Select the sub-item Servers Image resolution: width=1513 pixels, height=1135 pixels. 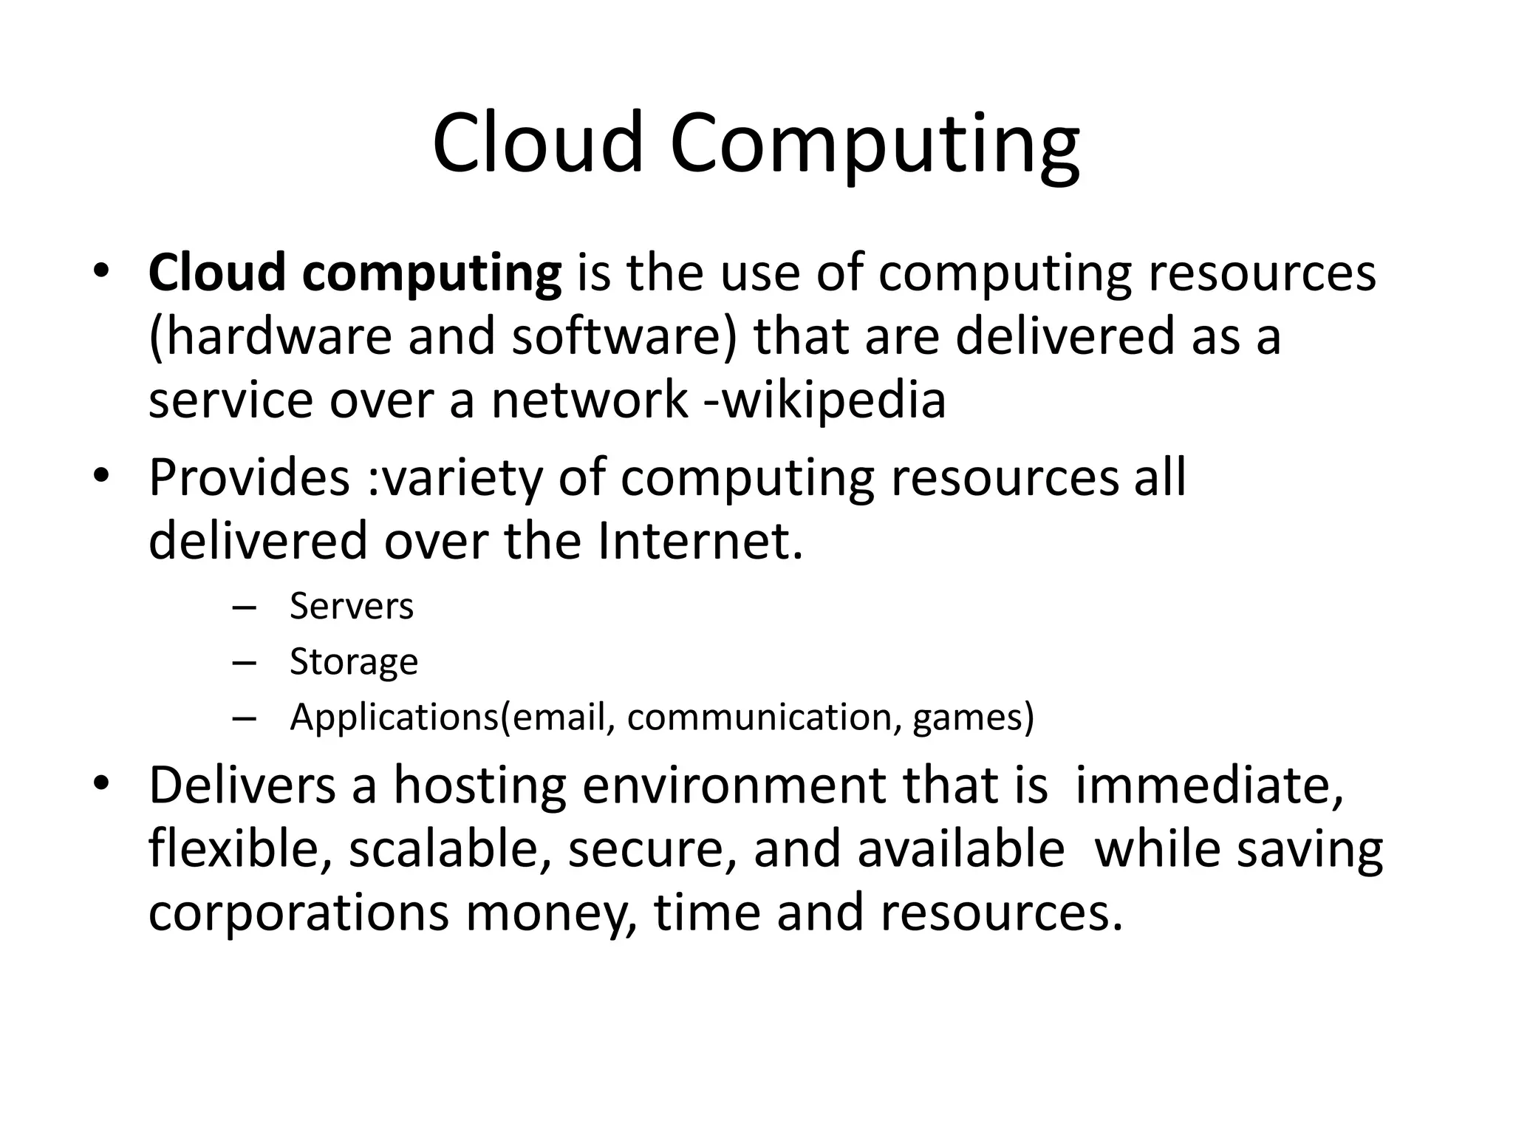(352, 607)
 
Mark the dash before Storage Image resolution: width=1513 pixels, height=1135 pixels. (243, 663)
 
